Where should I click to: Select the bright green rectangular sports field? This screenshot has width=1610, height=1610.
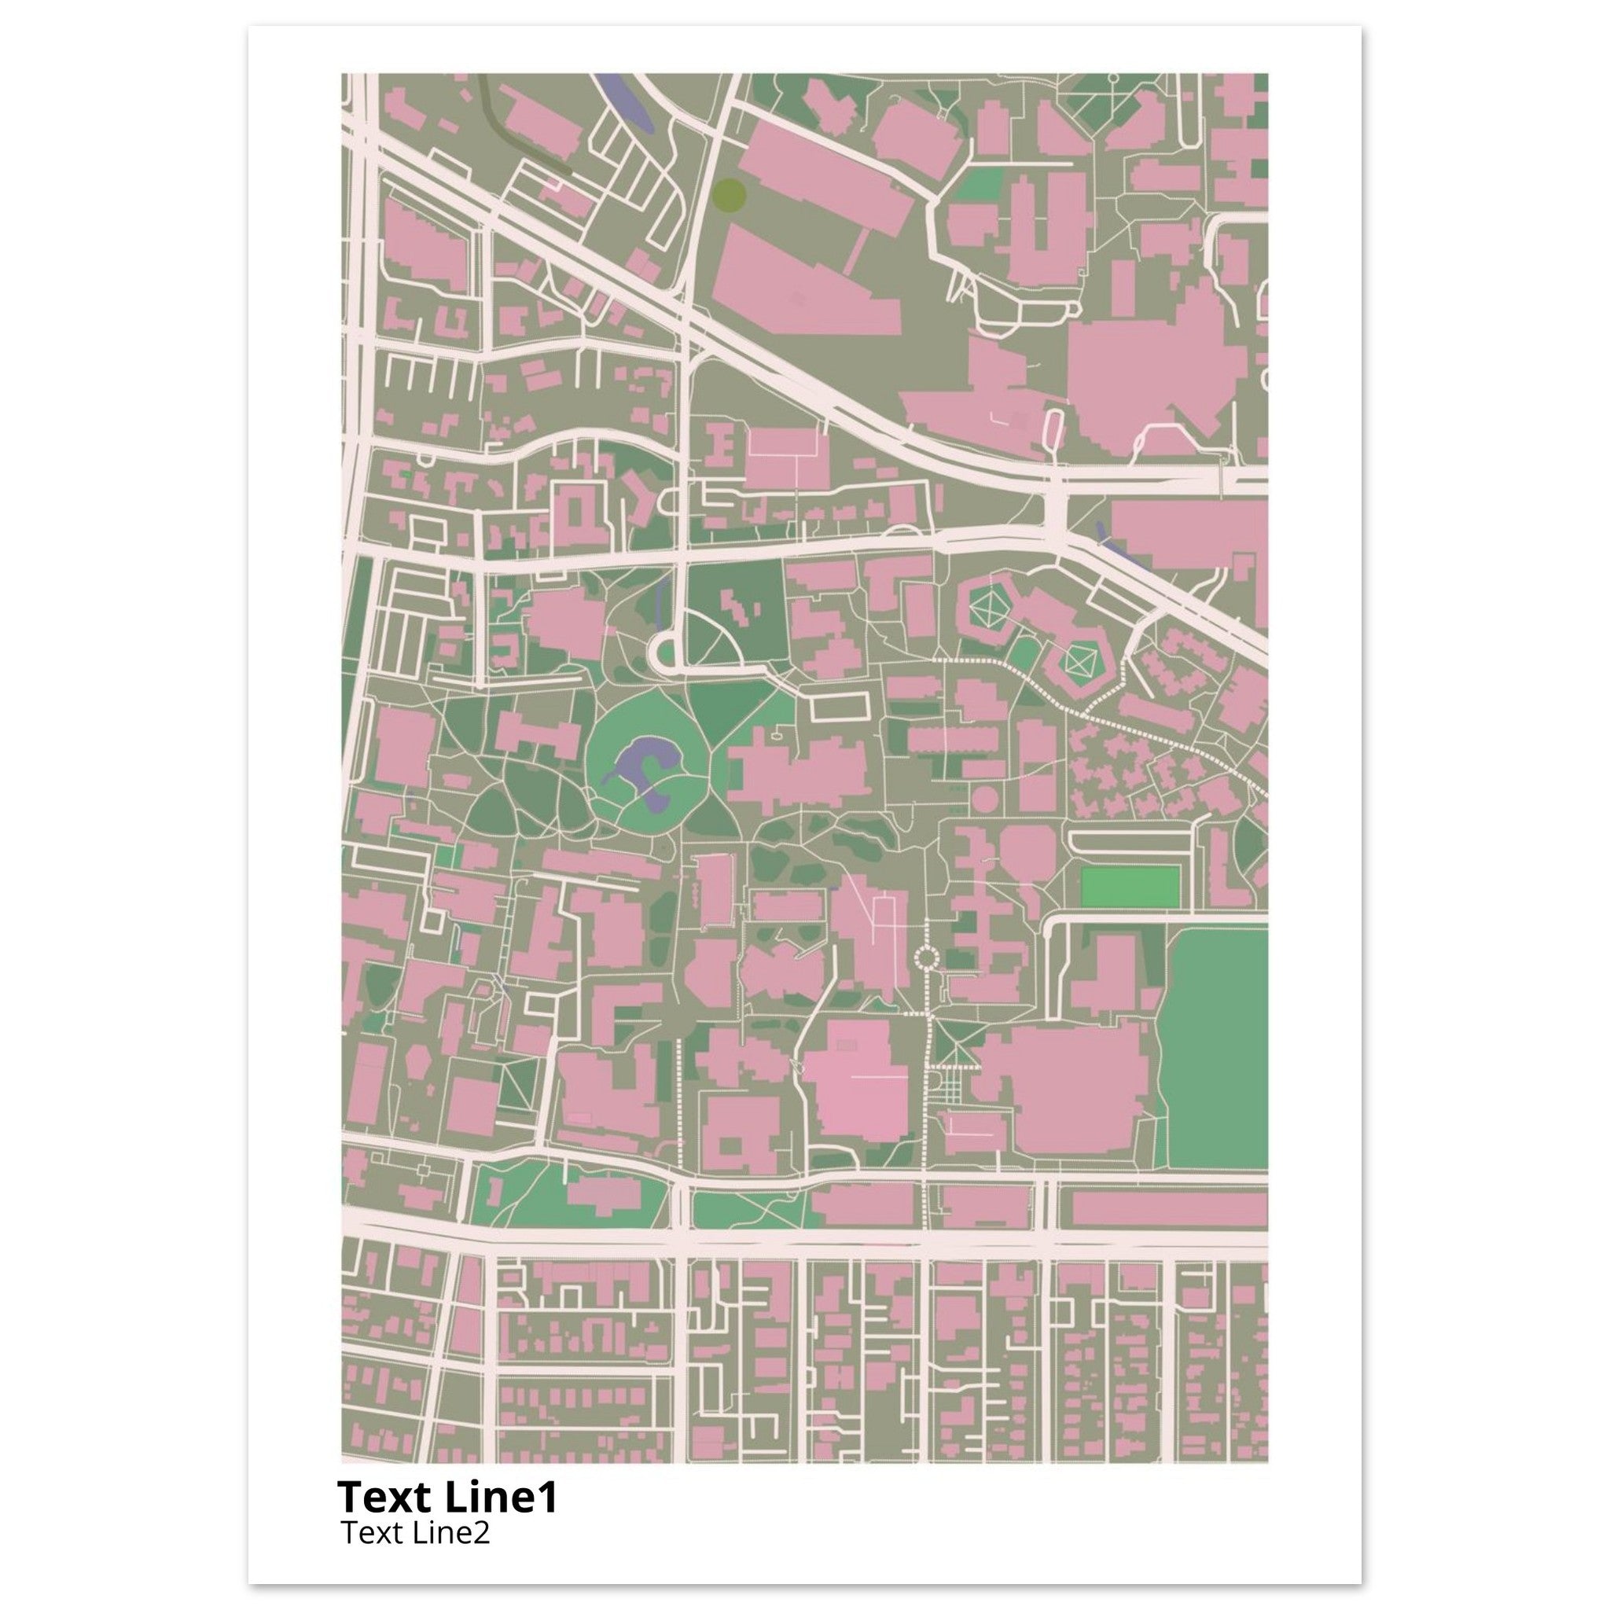coord(1129,887)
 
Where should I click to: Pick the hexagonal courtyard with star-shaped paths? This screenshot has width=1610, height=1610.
coord(988,610)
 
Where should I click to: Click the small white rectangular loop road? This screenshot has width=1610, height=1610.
coord(840,707)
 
